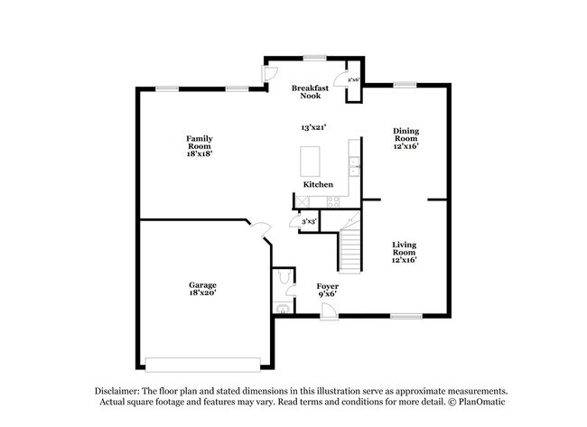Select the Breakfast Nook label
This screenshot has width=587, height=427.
[309, 91]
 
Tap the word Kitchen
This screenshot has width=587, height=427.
[318, 184]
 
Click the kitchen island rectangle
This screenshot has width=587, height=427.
[313, 161]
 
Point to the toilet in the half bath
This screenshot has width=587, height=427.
[284, 286]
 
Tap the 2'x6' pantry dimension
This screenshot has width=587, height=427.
[354, 80]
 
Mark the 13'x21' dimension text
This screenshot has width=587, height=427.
[313, 128]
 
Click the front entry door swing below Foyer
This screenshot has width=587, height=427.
[328, 310]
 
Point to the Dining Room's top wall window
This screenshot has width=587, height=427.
[405, 85]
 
